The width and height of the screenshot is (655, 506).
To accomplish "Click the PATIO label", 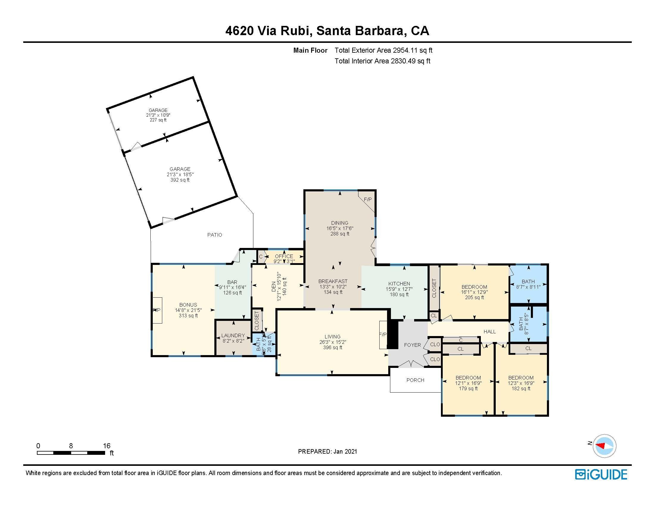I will [215, 235].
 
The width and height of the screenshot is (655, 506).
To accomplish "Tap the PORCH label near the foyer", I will [415, 380].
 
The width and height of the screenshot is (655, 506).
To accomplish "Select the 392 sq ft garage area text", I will [180, 180].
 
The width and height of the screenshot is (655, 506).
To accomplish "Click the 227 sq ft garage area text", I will [158, 120].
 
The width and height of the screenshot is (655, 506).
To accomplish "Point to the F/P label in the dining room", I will [368, 199].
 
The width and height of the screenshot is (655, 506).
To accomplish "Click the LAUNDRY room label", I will [233, 335].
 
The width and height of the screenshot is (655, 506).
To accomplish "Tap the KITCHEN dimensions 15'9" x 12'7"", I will [399, 289].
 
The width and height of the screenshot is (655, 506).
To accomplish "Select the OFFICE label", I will [284, 256].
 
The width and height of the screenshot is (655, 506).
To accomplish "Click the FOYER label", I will [412, 345].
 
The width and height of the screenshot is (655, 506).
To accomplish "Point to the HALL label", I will [489, 332].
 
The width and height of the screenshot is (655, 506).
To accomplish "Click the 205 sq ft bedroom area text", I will [474, 297].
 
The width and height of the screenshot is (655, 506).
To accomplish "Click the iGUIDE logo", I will [601, 474].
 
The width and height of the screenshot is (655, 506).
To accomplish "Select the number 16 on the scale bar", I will [107, 446].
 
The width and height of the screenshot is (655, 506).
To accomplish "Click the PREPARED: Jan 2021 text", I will [327, 452].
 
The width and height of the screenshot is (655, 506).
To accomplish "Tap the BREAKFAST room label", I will [333, 281].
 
